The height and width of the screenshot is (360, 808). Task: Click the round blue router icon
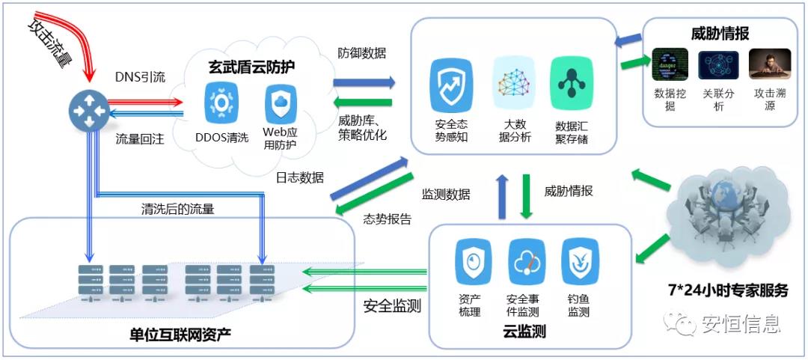click(88, 111)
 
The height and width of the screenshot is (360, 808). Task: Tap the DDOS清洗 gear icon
click(221, 103)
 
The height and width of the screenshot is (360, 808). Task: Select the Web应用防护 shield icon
click(280, 103)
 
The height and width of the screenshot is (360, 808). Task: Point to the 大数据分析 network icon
click(513, 85)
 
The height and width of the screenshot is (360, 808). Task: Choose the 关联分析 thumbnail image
click(718, 65)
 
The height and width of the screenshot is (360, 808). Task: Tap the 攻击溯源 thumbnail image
click(769, 65)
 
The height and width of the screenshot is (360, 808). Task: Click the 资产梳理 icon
click(473, 262)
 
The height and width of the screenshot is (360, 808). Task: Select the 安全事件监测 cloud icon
click(526, 262)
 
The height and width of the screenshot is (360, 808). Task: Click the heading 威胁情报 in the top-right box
click(720, 34)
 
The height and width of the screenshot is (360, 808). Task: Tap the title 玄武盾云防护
click(251, 67)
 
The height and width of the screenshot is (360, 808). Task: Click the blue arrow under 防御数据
click(364, 82)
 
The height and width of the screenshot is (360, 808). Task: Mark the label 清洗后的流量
click(178, 209)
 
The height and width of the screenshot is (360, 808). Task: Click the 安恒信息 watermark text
click(741, 323)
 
